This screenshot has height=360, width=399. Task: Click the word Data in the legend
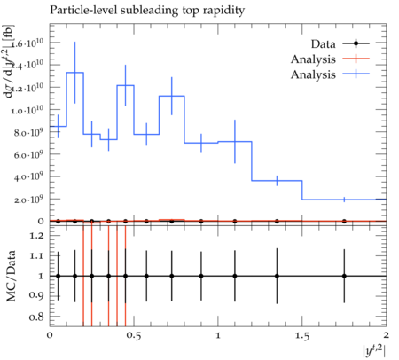[x=323, y=44]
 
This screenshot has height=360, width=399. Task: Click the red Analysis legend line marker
[x=356, y=59]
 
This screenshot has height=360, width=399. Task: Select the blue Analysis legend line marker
[x=356, y=74]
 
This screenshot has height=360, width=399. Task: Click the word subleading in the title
[x=149, y=10]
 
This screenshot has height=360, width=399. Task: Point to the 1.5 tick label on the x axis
[x=301, y=336]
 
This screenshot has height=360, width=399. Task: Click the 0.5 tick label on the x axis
[x=134, y=336]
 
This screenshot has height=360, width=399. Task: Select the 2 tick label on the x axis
[x=386, y=335]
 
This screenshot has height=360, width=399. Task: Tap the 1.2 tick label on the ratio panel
[x=36, y=236]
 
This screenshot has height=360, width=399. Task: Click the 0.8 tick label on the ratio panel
[x=36, y=317]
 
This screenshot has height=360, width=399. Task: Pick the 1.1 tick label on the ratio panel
[x=36, y=256]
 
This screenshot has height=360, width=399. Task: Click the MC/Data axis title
[x=12, y=276]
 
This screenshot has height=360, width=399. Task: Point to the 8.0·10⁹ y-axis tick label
[x=28, y=132]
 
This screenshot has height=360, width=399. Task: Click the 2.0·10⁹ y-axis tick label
[x=28, y=199]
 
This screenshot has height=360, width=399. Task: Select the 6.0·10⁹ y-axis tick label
[x=28, y=154]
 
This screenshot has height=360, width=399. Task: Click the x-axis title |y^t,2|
[x=374, y=351]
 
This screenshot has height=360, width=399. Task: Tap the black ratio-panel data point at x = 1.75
[x=344, y=276]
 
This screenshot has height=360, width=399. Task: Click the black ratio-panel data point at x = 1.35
[x=277, y=276]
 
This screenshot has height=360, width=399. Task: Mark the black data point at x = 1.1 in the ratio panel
[x=235, y=276]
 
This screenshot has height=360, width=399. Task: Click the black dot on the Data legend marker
[x=356, y=43]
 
